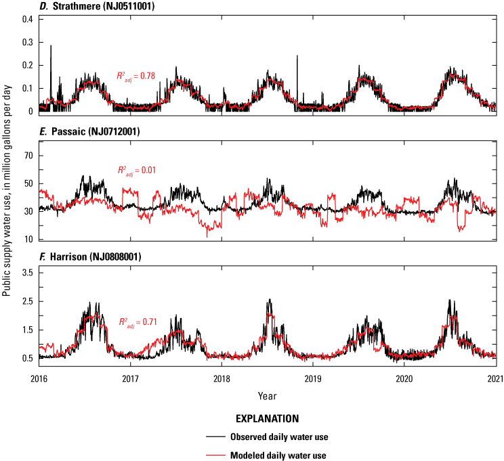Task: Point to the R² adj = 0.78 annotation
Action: pos(137,76)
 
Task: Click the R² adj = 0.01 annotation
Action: pos(137,170)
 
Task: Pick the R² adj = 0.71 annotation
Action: pos(138,322)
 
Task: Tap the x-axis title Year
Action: pos(267,395)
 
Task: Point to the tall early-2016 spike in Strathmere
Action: pos(51,46)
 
